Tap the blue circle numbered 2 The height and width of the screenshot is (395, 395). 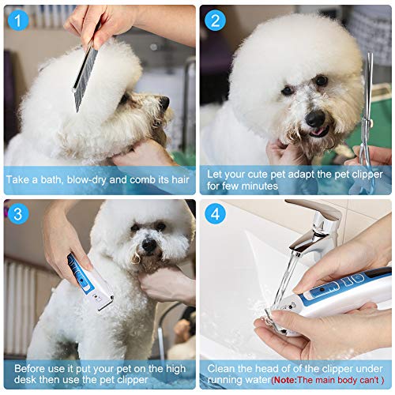click(x=215, y=19)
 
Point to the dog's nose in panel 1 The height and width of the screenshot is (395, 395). click(x=164, y=102)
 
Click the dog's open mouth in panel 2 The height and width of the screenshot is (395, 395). click(x=317, y=133)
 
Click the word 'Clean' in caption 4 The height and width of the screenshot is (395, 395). click(x=223, y=369)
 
